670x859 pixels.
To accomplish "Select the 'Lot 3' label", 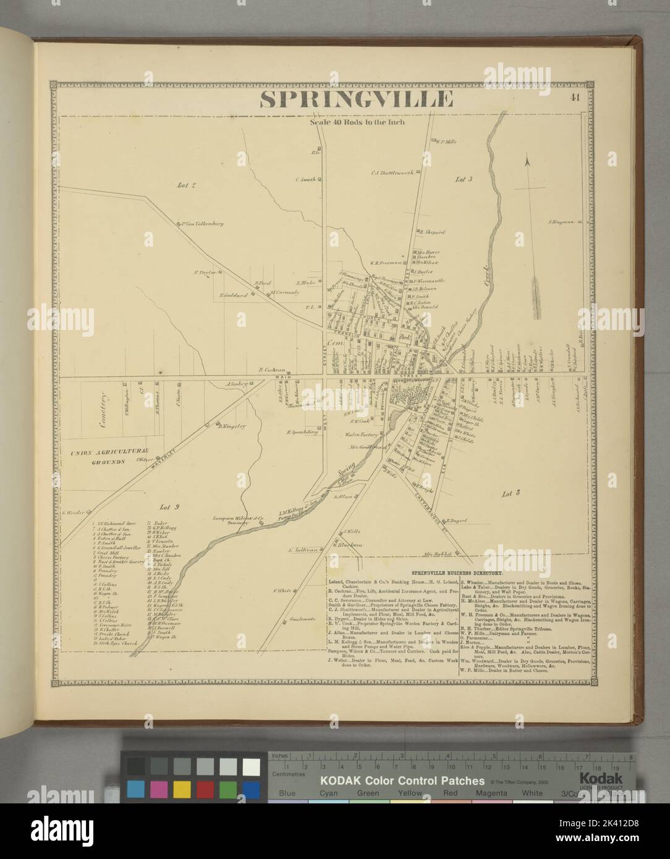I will pyautogui.click(x=464, y=179).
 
